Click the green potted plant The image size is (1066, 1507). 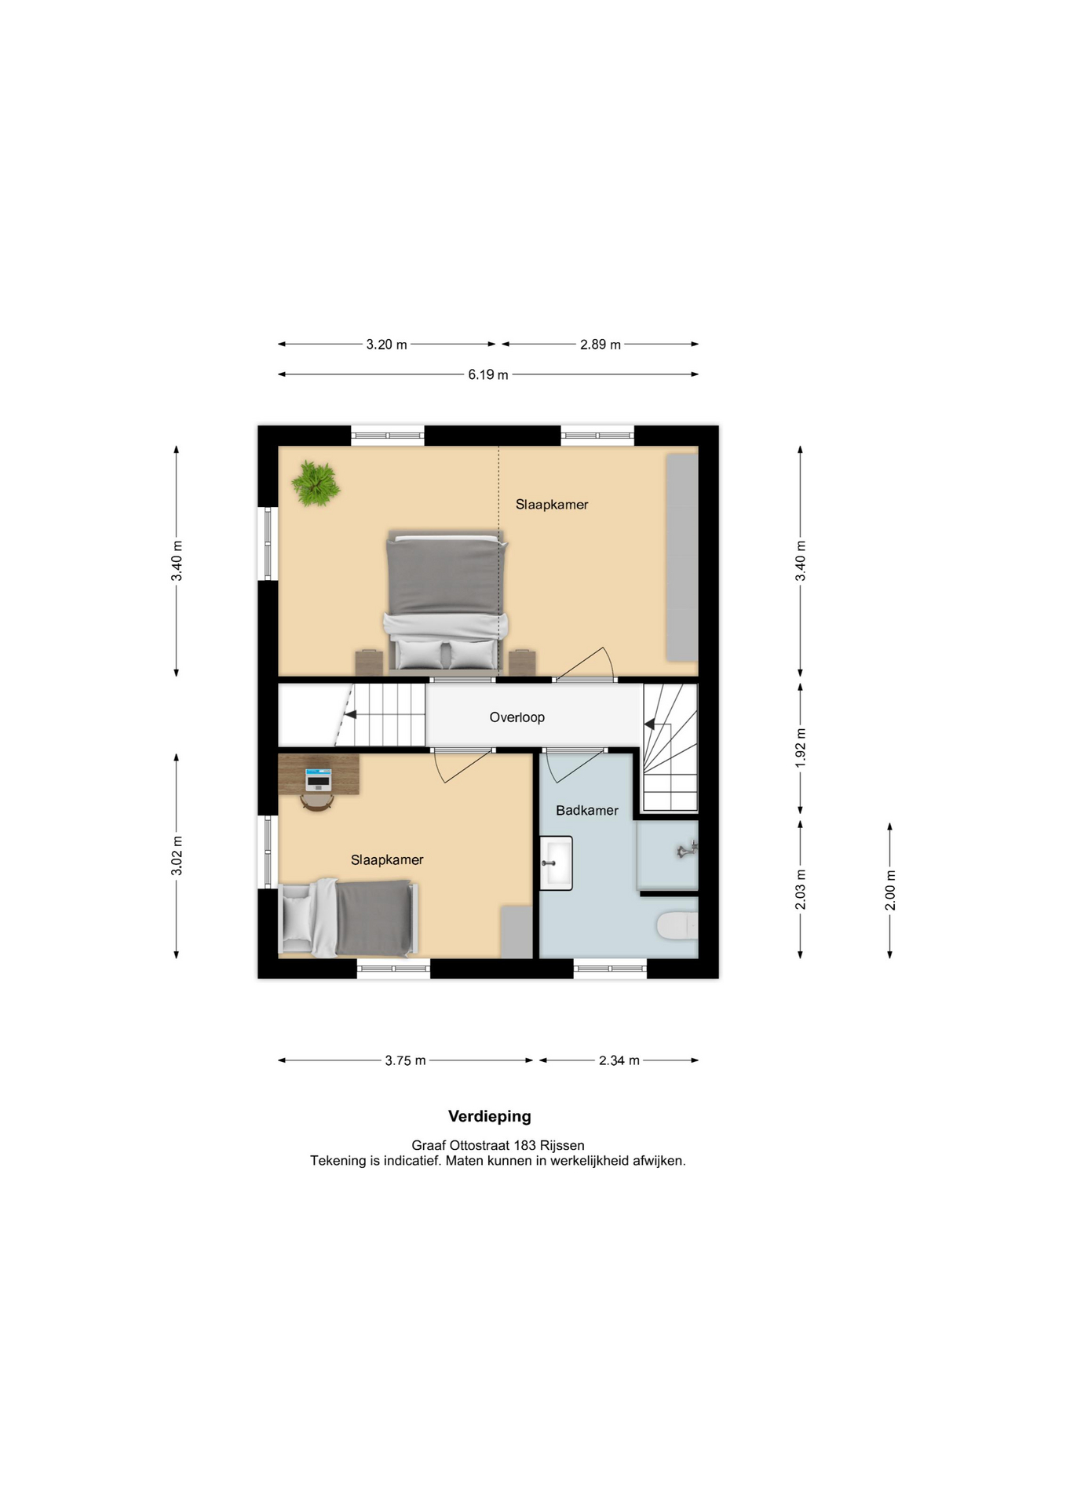(316, 483)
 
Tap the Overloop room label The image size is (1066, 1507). (517, 717)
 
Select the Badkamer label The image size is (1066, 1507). (587, 811)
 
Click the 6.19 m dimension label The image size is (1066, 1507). (488, 374)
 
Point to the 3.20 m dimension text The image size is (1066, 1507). (386, 345)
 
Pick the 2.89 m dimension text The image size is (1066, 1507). (601, 345)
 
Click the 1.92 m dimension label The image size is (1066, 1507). (801, 748)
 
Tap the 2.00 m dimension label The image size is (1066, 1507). (890, 891)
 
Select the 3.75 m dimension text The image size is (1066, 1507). (405, 1060)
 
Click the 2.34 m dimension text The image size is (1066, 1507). (619, 1060)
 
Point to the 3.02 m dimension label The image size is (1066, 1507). (177, 856)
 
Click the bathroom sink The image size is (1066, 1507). (557, 863)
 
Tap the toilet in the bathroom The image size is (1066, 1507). (677, 926)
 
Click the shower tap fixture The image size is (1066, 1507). (688, 849)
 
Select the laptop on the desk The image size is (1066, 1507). (319, 779)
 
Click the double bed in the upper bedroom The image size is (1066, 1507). (445, 602)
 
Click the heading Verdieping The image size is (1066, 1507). (490, 1116)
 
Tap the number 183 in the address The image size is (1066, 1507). (525, 1145)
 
